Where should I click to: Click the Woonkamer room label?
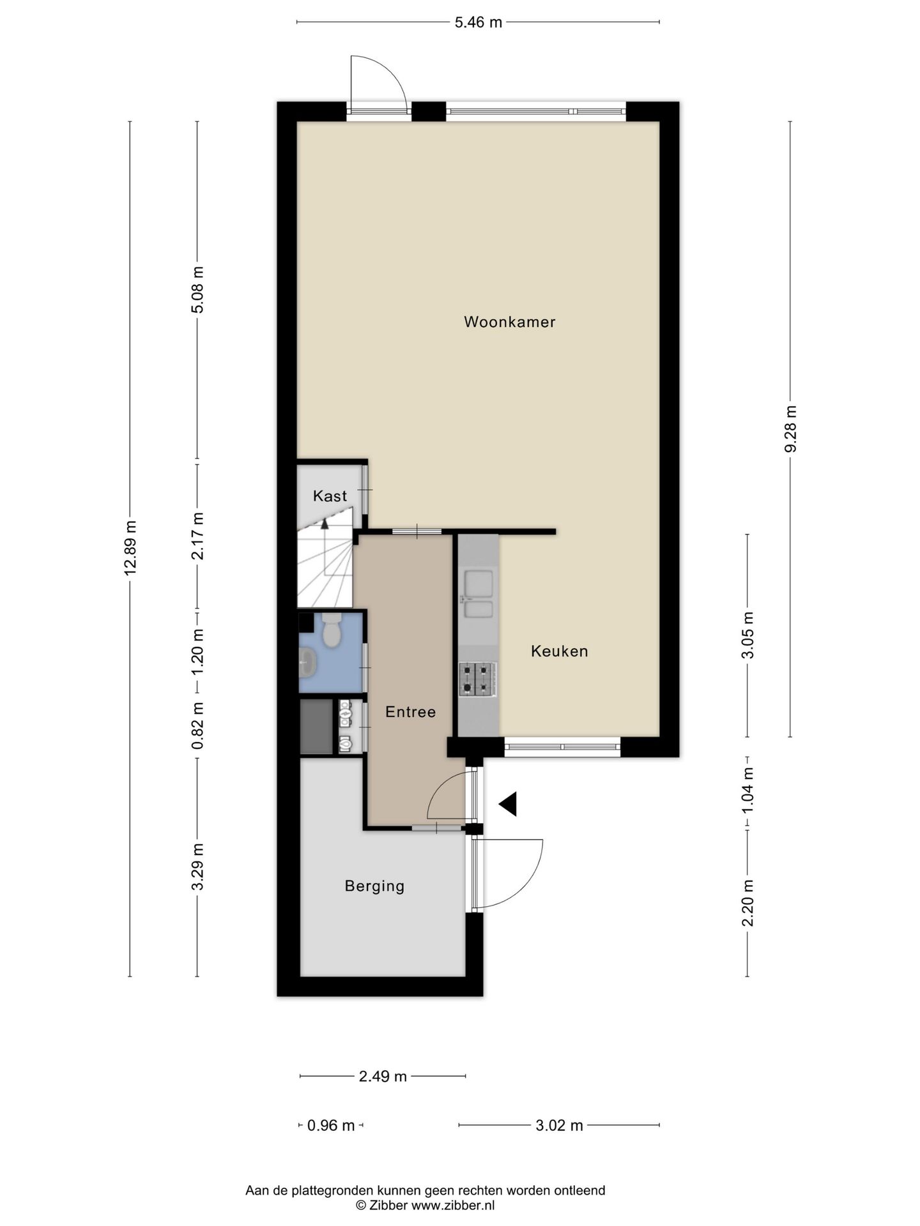point(509,322)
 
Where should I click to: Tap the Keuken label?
point(559,651)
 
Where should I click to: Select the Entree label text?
point(410,712)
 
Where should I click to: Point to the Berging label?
point(374,886)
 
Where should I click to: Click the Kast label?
point(330,496)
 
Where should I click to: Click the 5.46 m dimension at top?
point(478,22)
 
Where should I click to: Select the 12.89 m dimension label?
point(130,548)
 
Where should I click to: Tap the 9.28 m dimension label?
point(790,429)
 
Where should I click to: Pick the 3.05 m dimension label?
point(747,635)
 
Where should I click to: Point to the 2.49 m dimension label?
point(383,1077)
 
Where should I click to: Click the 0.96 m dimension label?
point(331,1126)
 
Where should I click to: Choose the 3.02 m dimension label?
point(559,1126)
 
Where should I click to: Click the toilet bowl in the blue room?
point(332,632)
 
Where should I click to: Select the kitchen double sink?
point(479,594)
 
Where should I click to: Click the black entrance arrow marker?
point(509,804)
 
